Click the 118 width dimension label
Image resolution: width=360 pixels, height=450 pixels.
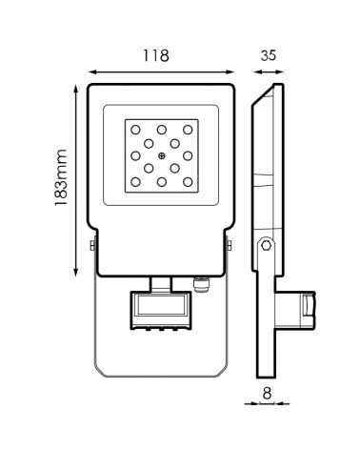155,55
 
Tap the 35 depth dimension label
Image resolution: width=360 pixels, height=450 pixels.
269,55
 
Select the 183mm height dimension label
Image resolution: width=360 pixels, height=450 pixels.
61,177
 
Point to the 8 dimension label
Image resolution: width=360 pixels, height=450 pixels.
268,394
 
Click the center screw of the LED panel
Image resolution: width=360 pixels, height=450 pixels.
162,155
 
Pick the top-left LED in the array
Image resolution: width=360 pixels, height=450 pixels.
135,130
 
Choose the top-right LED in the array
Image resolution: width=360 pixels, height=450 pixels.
188,130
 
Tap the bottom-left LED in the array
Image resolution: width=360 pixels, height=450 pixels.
135,182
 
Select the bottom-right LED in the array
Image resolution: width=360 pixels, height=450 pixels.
188,182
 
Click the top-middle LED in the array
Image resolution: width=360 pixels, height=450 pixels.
162,130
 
